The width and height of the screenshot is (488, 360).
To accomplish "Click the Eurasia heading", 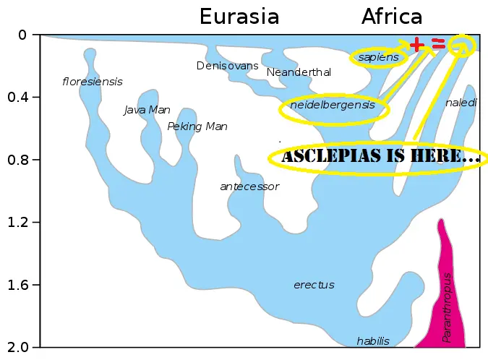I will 239,17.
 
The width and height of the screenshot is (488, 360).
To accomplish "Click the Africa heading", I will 392,17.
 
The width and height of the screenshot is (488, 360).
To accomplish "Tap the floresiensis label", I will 93,82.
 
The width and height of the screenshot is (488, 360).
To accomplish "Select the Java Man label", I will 147,110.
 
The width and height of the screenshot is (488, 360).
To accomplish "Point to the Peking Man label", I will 197,127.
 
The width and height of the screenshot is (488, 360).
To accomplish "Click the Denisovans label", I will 227,66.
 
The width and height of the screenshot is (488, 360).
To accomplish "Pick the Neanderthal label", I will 299,72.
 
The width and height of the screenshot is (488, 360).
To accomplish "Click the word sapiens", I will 379,57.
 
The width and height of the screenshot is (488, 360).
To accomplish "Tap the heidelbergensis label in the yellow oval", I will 333,106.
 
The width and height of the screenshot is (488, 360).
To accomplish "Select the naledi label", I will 461,103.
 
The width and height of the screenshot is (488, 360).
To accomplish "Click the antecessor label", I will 249,187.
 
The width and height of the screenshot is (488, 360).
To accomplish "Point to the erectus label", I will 314,285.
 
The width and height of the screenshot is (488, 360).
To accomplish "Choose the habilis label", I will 373,341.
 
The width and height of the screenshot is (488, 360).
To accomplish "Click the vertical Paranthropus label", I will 448,307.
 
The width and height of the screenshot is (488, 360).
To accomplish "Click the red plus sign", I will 416,46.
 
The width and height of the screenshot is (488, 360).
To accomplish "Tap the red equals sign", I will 438,45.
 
